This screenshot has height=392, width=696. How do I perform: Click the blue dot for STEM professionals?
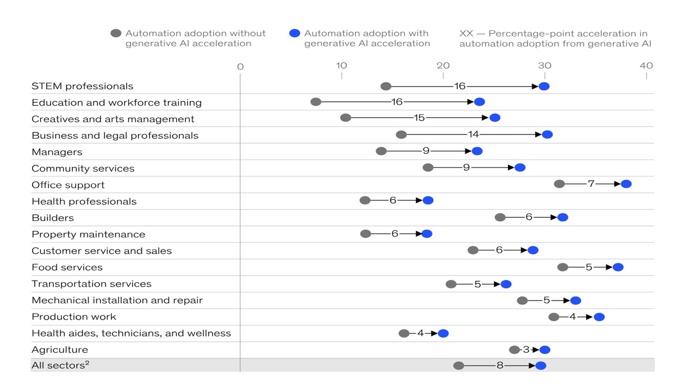click(544, 86)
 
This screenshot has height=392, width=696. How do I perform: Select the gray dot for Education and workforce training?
click(316, 102)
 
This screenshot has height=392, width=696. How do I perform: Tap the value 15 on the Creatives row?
click(419, 118)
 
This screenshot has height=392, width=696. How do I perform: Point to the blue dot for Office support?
click(626, 184)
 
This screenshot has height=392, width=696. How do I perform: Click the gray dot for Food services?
click(563, 267)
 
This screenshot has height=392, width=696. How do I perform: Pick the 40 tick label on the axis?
click(647, 66)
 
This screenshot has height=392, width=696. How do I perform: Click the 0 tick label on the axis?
click(240, 66)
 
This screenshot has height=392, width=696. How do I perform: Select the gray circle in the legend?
click(116, 33)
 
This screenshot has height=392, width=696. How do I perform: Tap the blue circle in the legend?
click(295, 33)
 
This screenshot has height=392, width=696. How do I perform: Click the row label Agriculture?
click(60, 350)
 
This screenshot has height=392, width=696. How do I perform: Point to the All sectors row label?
click(60, 365)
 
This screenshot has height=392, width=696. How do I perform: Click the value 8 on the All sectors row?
click(500, 365)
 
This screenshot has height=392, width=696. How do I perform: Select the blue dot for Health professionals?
click(428, 200)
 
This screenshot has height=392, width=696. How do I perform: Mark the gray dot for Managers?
click(381, 151)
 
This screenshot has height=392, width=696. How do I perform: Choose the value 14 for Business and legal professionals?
click(474, 134)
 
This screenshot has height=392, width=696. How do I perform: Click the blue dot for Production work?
click(599, 317)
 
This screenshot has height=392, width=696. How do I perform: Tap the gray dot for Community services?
click(428, 167)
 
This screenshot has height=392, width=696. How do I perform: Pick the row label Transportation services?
click(91, 284)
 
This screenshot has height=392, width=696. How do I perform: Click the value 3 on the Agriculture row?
click(526, 350)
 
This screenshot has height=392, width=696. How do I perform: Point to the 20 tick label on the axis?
click(443, 66)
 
